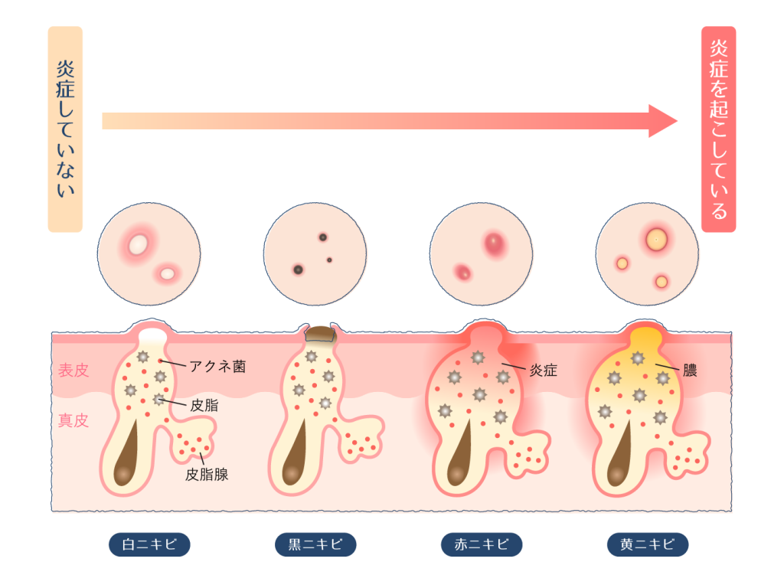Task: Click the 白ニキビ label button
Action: (x=149, y=544)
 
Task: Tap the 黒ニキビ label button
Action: (x=315, y=544)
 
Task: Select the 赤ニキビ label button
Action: (x=482, y=544)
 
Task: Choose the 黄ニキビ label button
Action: (x=648, y=544)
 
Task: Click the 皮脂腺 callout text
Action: (x=207, y=475)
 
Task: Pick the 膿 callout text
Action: (x=689, y=371)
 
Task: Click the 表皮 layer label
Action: (x=73, y=371)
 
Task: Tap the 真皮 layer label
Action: (x=73, y=420)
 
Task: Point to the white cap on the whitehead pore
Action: (x=153, y=335)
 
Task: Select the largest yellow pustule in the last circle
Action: (x=655, y=240)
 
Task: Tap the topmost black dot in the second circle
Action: (x=322, y=237)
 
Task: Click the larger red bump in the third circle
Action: (x=495, y=243)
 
